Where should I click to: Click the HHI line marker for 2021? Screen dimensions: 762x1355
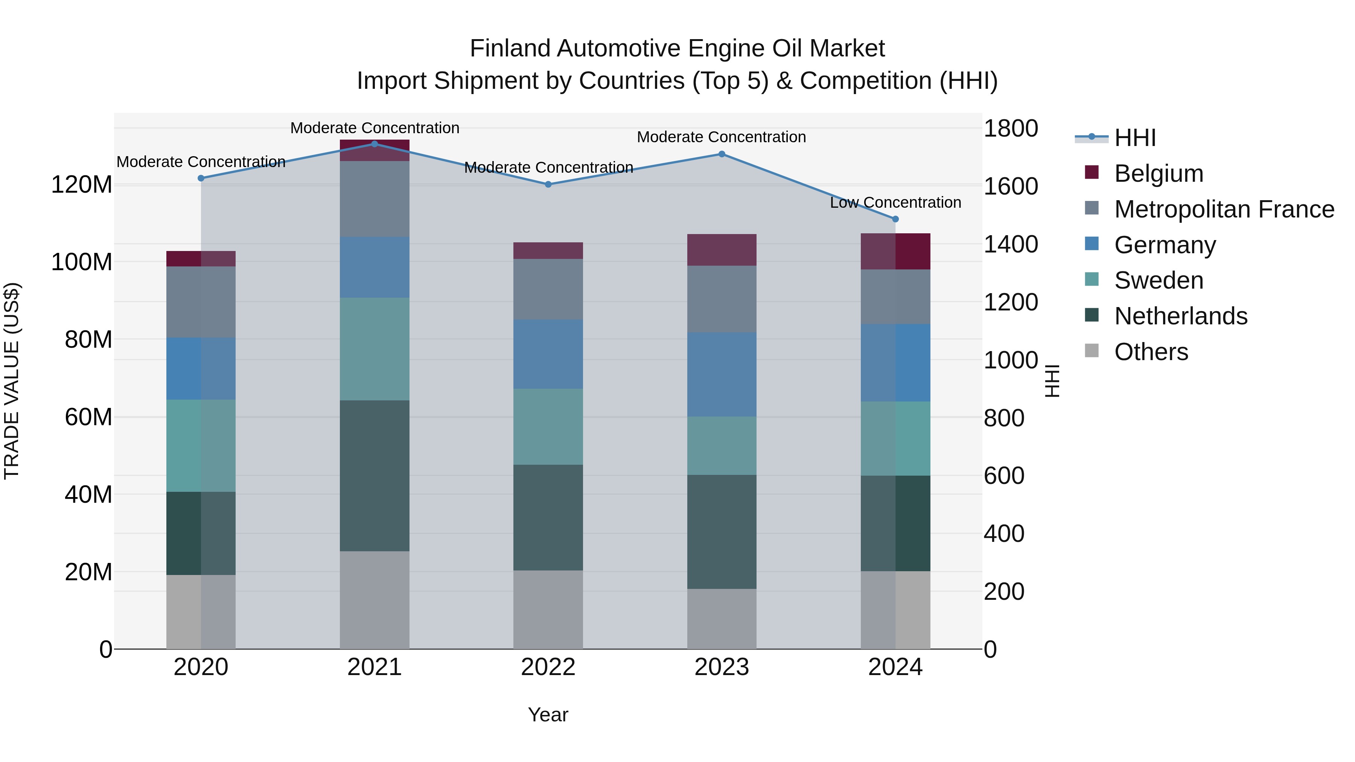coord(375,144)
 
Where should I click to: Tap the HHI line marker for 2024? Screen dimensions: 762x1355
coord(896,219)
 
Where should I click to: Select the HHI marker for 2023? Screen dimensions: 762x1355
coord(722,154)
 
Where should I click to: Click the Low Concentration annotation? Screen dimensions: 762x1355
coord(895,202)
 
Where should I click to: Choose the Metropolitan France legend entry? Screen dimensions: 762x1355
coord(1224,209)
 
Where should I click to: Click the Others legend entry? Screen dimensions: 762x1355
coord(1151,352)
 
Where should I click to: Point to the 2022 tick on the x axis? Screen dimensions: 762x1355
coord(548,667)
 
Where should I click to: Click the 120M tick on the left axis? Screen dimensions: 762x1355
coord(82,185)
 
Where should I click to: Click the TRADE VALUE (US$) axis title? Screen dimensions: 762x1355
coord(12,381)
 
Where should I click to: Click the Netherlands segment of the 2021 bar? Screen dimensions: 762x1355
coord(375,476)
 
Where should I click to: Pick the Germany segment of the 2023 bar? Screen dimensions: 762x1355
coord(722,374)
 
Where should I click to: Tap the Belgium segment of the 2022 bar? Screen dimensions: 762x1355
coord(548,251)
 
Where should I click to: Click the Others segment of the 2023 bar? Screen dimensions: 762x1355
coord(722,619)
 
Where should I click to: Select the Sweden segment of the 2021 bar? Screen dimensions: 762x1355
coord(375,349)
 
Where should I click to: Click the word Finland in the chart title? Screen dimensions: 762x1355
coord(511,49)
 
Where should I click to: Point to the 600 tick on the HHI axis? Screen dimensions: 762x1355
coord(1003,476)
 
